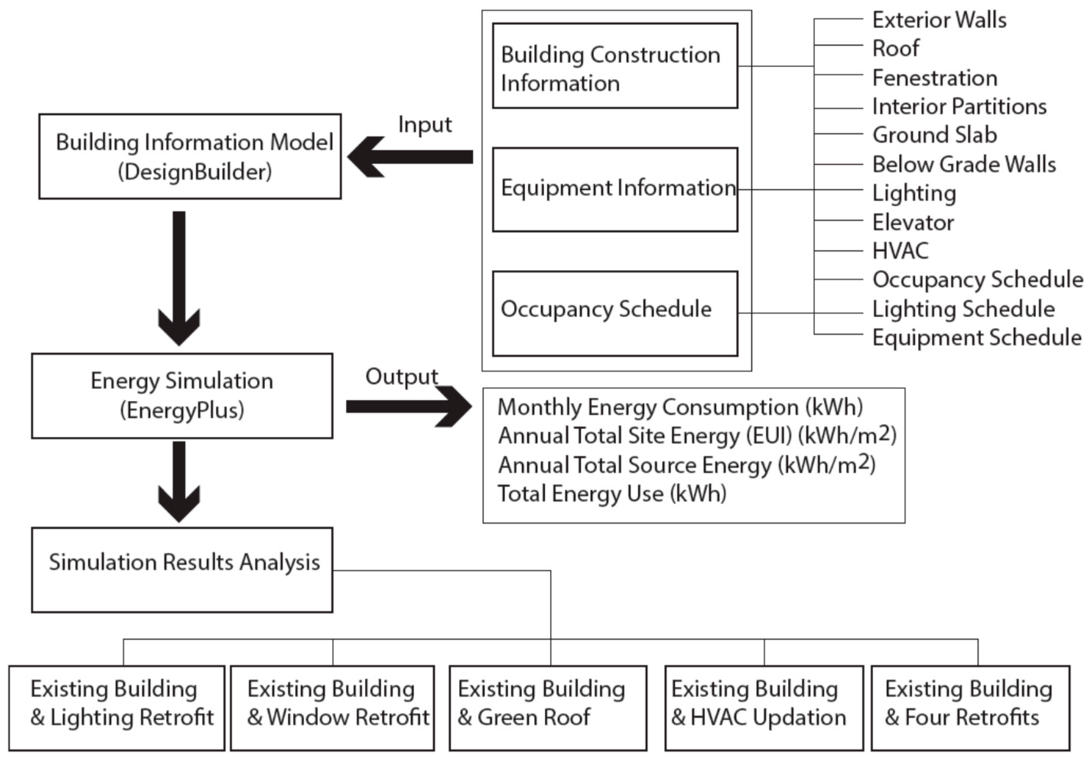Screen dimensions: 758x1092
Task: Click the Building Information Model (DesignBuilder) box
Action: click(190, 156)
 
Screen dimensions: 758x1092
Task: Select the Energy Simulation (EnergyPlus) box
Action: click(182, 396)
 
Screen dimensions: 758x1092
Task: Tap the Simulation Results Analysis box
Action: click(182, 570)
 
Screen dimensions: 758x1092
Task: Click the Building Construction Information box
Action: click(615, 66)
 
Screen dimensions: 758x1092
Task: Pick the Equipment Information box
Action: click(615, 190)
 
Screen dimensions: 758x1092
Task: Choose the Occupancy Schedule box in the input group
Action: click(615, 313)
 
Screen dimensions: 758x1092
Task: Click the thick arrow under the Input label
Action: click(411, 157)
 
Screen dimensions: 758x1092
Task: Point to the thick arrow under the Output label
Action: click(408, 407)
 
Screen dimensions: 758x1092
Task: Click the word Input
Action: click(425, 125)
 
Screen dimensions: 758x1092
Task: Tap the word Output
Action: click(401, 377)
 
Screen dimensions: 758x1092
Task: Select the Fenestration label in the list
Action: click(934, 78)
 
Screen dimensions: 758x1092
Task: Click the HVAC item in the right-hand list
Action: click(900, 251)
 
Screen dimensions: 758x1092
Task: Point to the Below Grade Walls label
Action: click(964, 164)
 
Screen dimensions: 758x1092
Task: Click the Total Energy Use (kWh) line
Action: click(612, 493)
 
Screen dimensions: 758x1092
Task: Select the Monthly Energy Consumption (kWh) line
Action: click(680, 407)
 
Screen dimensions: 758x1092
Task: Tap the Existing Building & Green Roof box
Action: click(548, 708)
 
